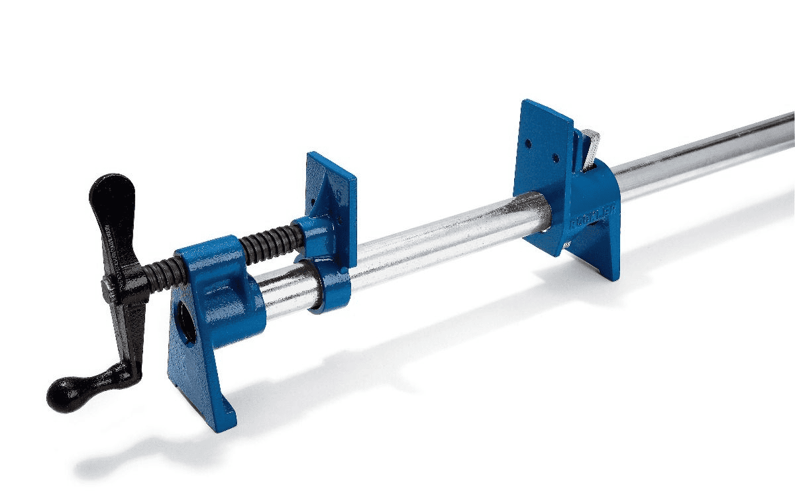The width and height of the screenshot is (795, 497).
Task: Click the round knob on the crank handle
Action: click(x=63, y=394)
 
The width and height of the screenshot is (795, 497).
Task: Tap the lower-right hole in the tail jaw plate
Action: click(x=555, y=160)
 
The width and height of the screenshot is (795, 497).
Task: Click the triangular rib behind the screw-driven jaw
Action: click(x=324, y=195)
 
